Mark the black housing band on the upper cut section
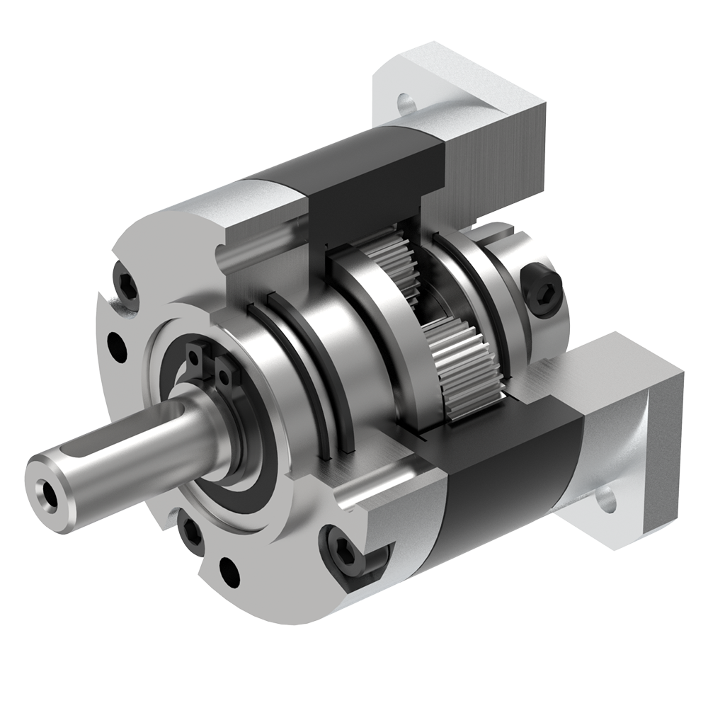coord(375,177)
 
